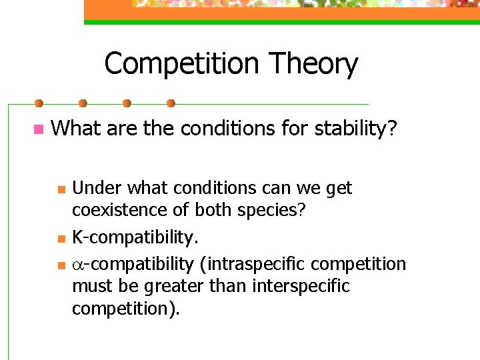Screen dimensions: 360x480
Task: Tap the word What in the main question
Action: tap(75, 128)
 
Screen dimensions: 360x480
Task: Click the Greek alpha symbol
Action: tap(77, 265)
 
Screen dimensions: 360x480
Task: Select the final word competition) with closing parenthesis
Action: tap(126, 309)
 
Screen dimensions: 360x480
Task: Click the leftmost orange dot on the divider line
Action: tap(39, 103)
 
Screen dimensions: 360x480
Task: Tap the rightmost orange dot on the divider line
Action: tap(171, 103)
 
